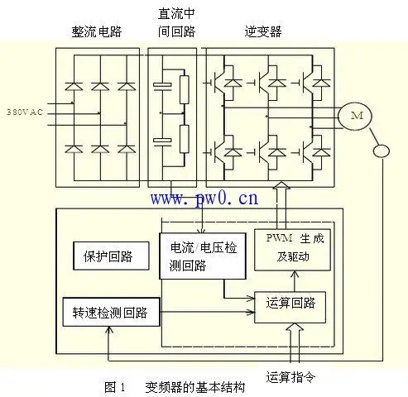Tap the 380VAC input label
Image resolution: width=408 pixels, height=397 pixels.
click(26, 110)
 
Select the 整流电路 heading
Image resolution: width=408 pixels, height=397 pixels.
click(98, 31)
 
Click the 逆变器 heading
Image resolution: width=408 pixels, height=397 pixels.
click(263, 31)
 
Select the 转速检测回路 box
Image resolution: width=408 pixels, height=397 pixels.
click(111, 312)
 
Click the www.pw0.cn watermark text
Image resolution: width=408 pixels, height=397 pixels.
click(204, 198)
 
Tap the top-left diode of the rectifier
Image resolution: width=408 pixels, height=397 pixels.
click(74, 84)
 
